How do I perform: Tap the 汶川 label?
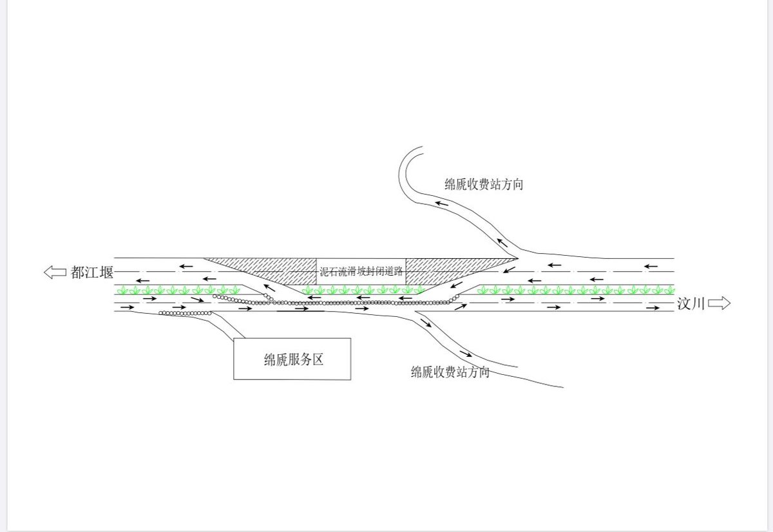click(691, 304)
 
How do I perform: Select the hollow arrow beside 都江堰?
click(55, 272)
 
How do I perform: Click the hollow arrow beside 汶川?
click(720, 303)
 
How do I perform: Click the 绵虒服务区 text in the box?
click(293, 359)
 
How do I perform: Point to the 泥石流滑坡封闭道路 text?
click(361, 272)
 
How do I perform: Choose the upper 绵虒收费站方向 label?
click(484, 185)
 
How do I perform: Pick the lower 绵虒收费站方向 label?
click(450, 372)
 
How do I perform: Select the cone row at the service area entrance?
click(186, 313)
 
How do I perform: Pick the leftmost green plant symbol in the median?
click(122, 290)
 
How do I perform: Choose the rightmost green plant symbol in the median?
click(668, 290)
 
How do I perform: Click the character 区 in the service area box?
click(317, 359)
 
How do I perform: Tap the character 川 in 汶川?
click(699, 304)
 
